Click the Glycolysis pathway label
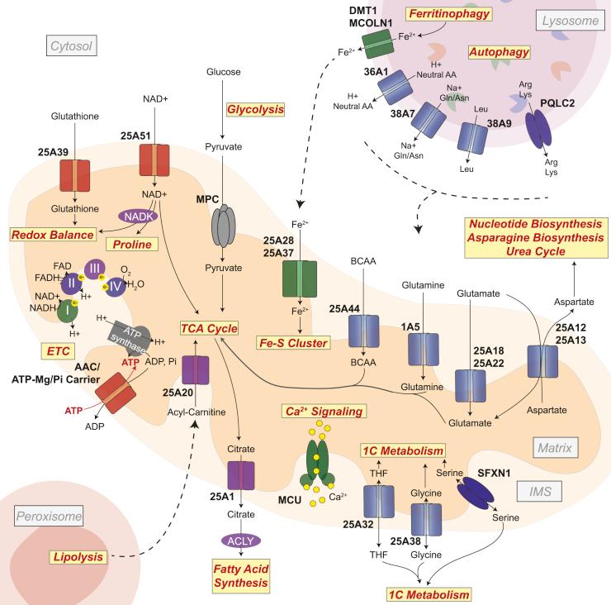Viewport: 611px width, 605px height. tap(255, 109)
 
